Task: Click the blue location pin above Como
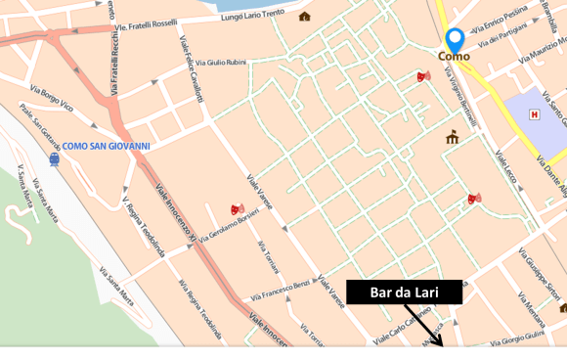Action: tap(455, 39)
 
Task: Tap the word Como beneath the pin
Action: tap(454, 57)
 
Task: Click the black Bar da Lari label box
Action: tap(403, 292)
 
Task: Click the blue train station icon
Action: tap(54, 160)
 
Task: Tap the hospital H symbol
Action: tap(534, 114)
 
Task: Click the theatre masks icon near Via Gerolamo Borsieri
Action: tap(236, 208)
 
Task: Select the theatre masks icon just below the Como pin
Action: tap(423, 76)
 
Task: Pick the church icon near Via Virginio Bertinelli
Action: tap(452, 138)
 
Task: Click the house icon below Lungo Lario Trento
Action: tap(304, 17)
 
